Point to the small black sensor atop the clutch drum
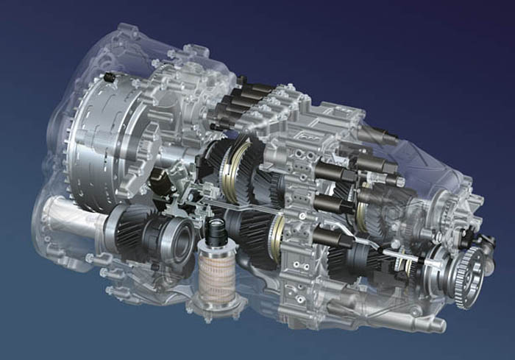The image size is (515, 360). click(109, 77)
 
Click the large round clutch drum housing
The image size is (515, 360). click(110, 140)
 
